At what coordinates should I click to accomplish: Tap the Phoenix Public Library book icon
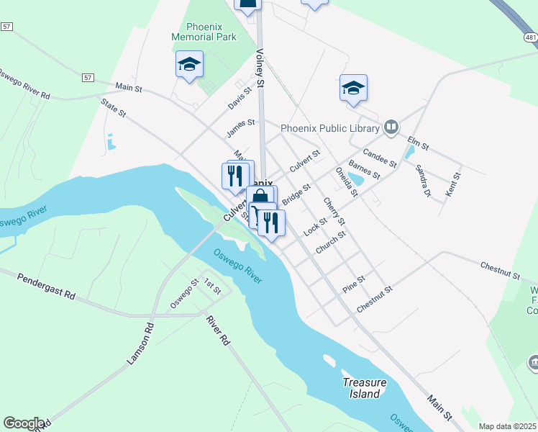(x=391, y=128)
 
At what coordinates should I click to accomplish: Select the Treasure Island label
(x=364, y=388)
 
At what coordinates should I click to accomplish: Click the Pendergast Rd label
(x=47, y=286)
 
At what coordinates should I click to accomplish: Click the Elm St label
(x=418, y=143)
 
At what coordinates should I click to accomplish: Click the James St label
(x=240, y=127)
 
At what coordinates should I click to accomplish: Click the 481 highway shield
(x=531, y=37)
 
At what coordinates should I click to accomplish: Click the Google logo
(x=24, y=423)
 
